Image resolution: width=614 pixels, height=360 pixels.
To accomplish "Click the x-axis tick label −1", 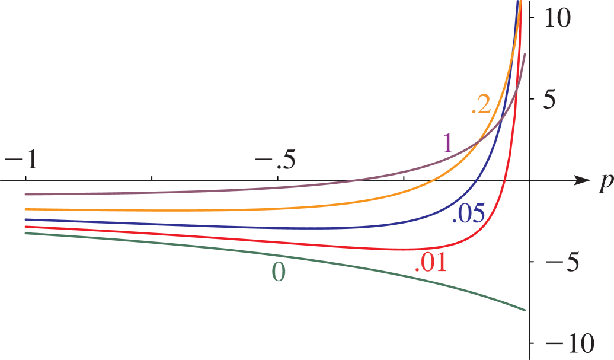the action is click(x=22, y=160).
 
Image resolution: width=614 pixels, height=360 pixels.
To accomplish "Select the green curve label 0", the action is click(x=279, y=272).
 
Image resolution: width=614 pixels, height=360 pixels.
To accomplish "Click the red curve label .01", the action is click(x=431, y=263).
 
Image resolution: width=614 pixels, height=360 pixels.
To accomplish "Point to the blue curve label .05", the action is click(x=468, y=214).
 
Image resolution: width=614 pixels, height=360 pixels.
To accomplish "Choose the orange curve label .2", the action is click(x=481, y=105).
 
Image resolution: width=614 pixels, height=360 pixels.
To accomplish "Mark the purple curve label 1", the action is click(x=447, y=143).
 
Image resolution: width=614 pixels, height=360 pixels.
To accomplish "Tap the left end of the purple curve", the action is click(x=25, y=194).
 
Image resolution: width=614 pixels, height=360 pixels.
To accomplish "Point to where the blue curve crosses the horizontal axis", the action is click(x=477, y=180).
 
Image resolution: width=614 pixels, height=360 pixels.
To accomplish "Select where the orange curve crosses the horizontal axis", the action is click(x=433, y=180).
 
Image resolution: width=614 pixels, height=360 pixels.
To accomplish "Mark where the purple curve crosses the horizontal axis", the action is click(x=356, y=180).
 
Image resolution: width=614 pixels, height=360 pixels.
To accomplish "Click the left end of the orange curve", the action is click(x=25, y=209).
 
